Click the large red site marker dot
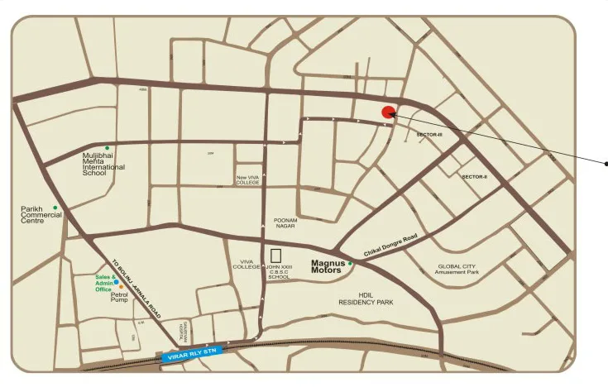387,113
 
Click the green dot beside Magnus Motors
350,263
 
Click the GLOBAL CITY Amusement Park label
457,269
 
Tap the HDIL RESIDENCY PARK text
366,299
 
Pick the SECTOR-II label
474,177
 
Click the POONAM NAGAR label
285,222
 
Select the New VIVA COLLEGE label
247,179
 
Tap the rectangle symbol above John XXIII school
276,255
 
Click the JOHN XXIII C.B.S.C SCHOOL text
279,272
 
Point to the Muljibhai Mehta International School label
103,164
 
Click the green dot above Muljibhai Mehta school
107,147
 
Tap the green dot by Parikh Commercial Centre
55,207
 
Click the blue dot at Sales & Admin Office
117,282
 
